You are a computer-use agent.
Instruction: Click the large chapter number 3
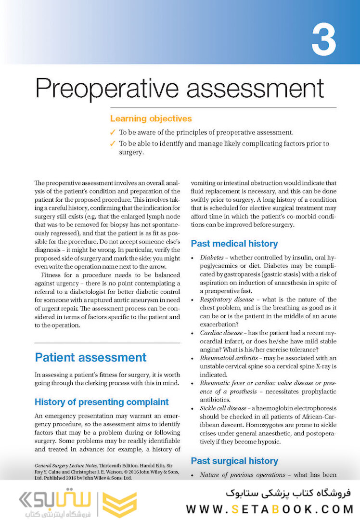point(323,40)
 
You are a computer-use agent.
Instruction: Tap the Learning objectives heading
point(151,118)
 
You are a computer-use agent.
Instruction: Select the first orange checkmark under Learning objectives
point(113,132)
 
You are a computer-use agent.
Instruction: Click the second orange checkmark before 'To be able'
point(113,143)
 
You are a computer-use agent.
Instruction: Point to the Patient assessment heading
point(90,357)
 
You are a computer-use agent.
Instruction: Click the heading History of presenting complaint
point(102,402)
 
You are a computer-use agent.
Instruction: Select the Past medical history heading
point(234,244)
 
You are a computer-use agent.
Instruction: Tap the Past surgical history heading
point(234,461)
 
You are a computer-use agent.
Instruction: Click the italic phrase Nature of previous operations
point(243,475)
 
